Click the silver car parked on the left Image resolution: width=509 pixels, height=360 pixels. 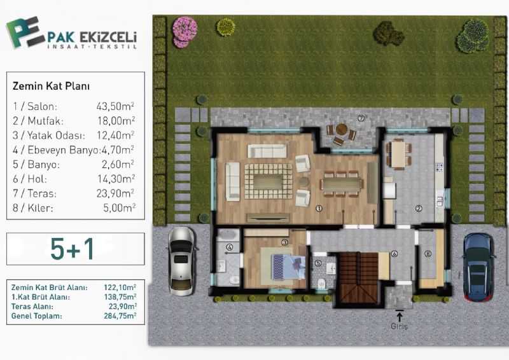(x=181, y=261)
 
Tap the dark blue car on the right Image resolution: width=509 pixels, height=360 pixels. (x=478, y=267)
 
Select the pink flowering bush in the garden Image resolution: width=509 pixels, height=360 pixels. (x=185, y=32)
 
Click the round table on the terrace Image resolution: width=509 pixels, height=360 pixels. (x=342, y=128)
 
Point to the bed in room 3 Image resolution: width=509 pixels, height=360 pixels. (x=289, y=267)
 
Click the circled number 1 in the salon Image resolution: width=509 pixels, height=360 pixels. (x=319, y=209)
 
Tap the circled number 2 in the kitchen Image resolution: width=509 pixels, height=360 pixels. (x=419, y=209)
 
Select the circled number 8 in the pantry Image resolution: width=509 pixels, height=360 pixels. (x=428, y=254)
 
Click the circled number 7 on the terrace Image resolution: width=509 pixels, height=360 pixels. (x=361, y=118)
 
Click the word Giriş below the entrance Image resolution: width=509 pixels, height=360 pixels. (x=400, y=326)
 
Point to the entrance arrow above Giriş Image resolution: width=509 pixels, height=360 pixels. (x=400, y=315)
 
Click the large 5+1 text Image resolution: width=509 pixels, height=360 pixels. (x=72, y=249)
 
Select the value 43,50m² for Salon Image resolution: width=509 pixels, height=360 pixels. (x=115, y=106)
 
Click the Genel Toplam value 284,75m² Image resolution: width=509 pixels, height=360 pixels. (x=120, y=316)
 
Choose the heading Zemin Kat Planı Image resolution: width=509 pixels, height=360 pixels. (x=51, y=86)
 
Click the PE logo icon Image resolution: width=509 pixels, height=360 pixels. (x=24, y=32)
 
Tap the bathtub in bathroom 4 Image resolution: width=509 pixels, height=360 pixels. (x=228, y=235)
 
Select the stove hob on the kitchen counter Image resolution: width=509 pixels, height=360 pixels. (x=439, y=167)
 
